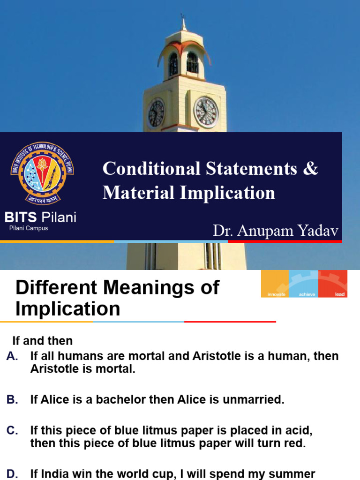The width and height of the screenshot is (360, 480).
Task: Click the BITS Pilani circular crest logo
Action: pyautogui.click(x=42, y=173)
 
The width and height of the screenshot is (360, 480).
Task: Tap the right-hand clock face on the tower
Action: pyautogui.click(x=206, y=112)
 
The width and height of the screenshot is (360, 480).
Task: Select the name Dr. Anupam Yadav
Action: pyautogui.click(x=276, y=231)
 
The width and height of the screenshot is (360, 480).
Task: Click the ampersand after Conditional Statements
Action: pyautogui.click(x=311, y=168)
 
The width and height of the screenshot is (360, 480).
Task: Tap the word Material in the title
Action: pyautogui.click(x=139, y=193)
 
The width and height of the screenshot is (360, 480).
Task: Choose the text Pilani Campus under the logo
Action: pyautogui.click(x=29, y=228)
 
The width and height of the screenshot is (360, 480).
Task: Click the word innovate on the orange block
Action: pyautogui.click(x=276, y=294)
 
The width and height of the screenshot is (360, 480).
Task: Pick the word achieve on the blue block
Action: pyautogui.click(x=307, y=294)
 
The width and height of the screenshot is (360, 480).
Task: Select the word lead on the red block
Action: pyautogui.click(x=339, y=294)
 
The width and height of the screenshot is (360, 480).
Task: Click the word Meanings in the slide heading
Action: pyautogui.click(x=148, y=288)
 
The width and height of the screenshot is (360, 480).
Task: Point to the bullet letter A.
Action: pyautogui.click(x=12, y=356)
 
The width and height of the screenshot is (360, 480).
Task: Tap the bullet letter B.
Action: pyautogui.click(x=12, y=399)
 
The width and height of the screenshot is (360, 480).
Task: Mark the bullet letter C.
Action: pyautogui.click(x=12, y=430)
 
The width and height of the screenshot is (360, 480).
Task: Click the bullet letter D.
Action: pyautogui.click(x=12, y=474)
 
